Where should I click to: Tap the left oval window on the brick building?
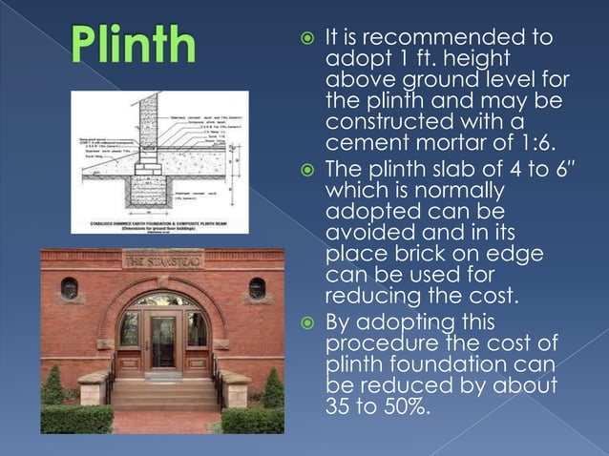(70, 287)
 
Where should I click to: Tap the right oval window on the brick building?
(256, 287)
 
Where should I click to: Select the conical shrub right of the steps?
(273, 388)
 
